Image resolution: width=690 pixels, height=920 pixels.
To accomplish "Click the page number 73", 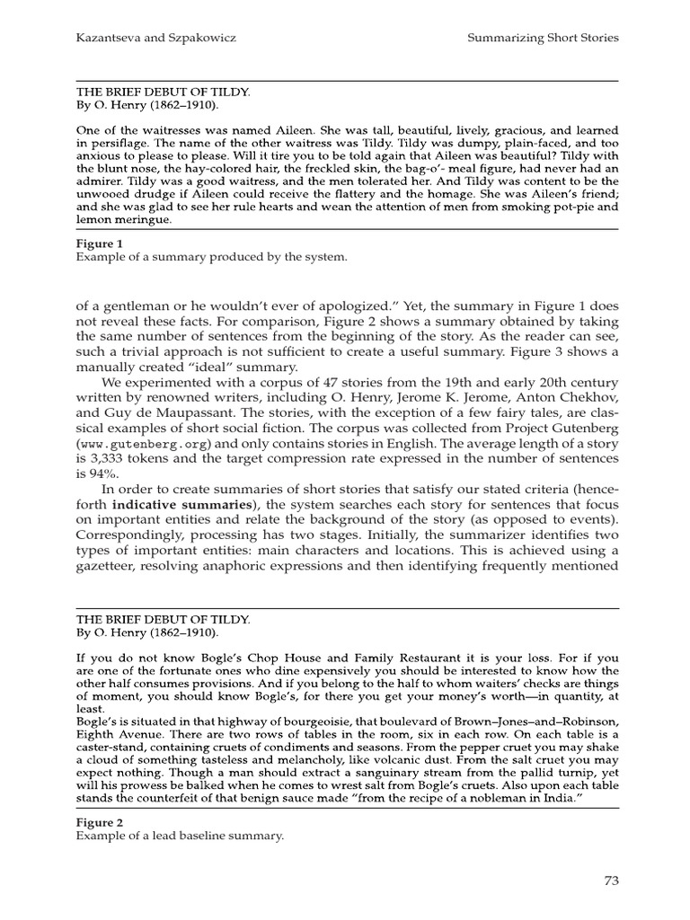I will pos(611,880).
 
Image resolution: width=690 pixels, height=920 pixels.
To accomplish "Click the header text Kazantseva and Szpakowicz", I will pos(147,38).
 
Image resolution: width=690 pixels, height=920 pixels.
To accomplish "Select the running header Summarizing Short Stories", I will pos(544,38).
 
